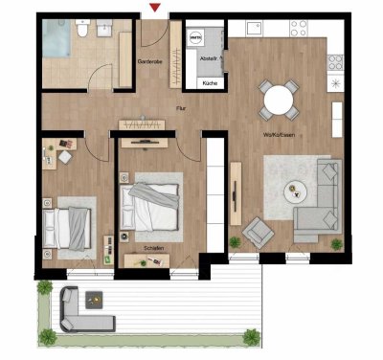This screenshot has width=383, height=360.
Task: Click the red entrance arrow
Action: [154, 9]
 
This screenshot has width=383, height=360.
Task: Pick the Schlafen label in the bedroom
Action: [152, 249]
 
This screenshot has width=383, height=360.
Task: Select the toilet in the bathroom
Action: [86, 34]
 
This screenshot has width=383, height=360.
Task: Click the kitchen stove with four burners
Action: [336, 61]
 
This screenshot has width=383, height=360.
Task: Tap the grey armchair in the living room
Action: [257, 231]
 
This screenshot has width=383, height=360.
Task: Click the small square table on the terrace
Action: [95, 297]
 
